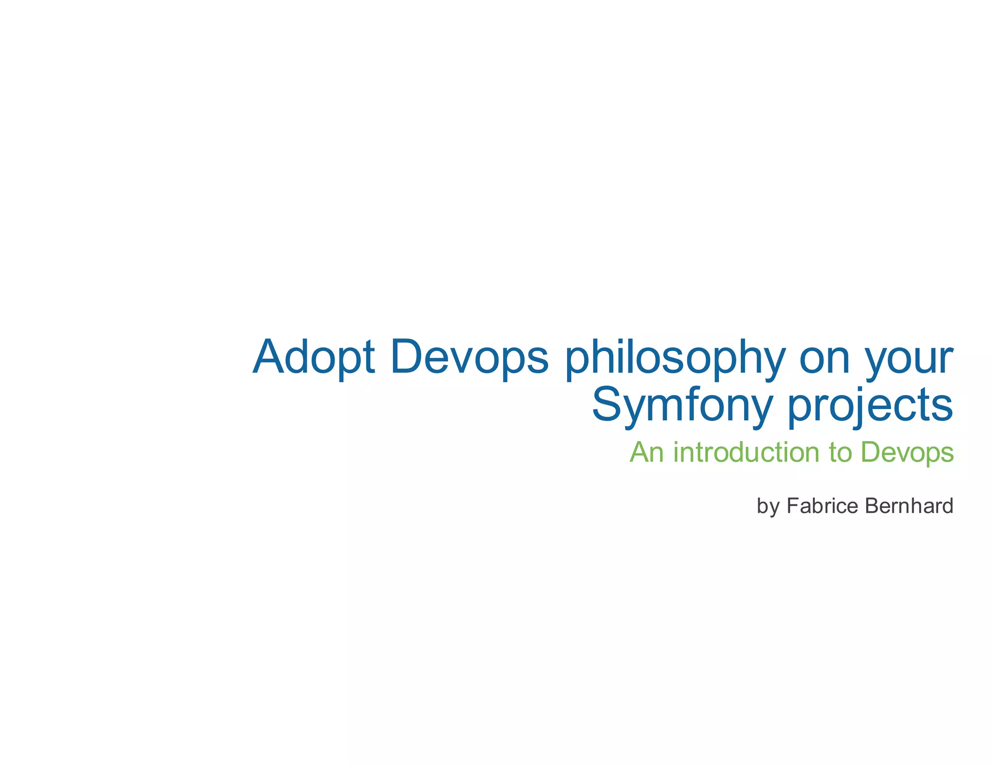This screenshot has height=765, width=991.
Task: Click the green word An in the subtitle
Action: click(x=646, y=452)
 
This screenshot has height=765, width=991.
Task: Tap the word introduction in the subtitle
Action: click(x=746, y=452)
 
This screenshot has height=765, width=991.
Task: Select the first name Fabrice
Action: click(x=823, y=506)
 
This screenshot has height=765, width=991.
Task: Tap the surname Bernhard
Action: click(x=909, y=506)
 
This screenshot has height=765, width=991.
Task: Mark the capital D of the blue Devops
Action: click(x=408, y=357)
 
